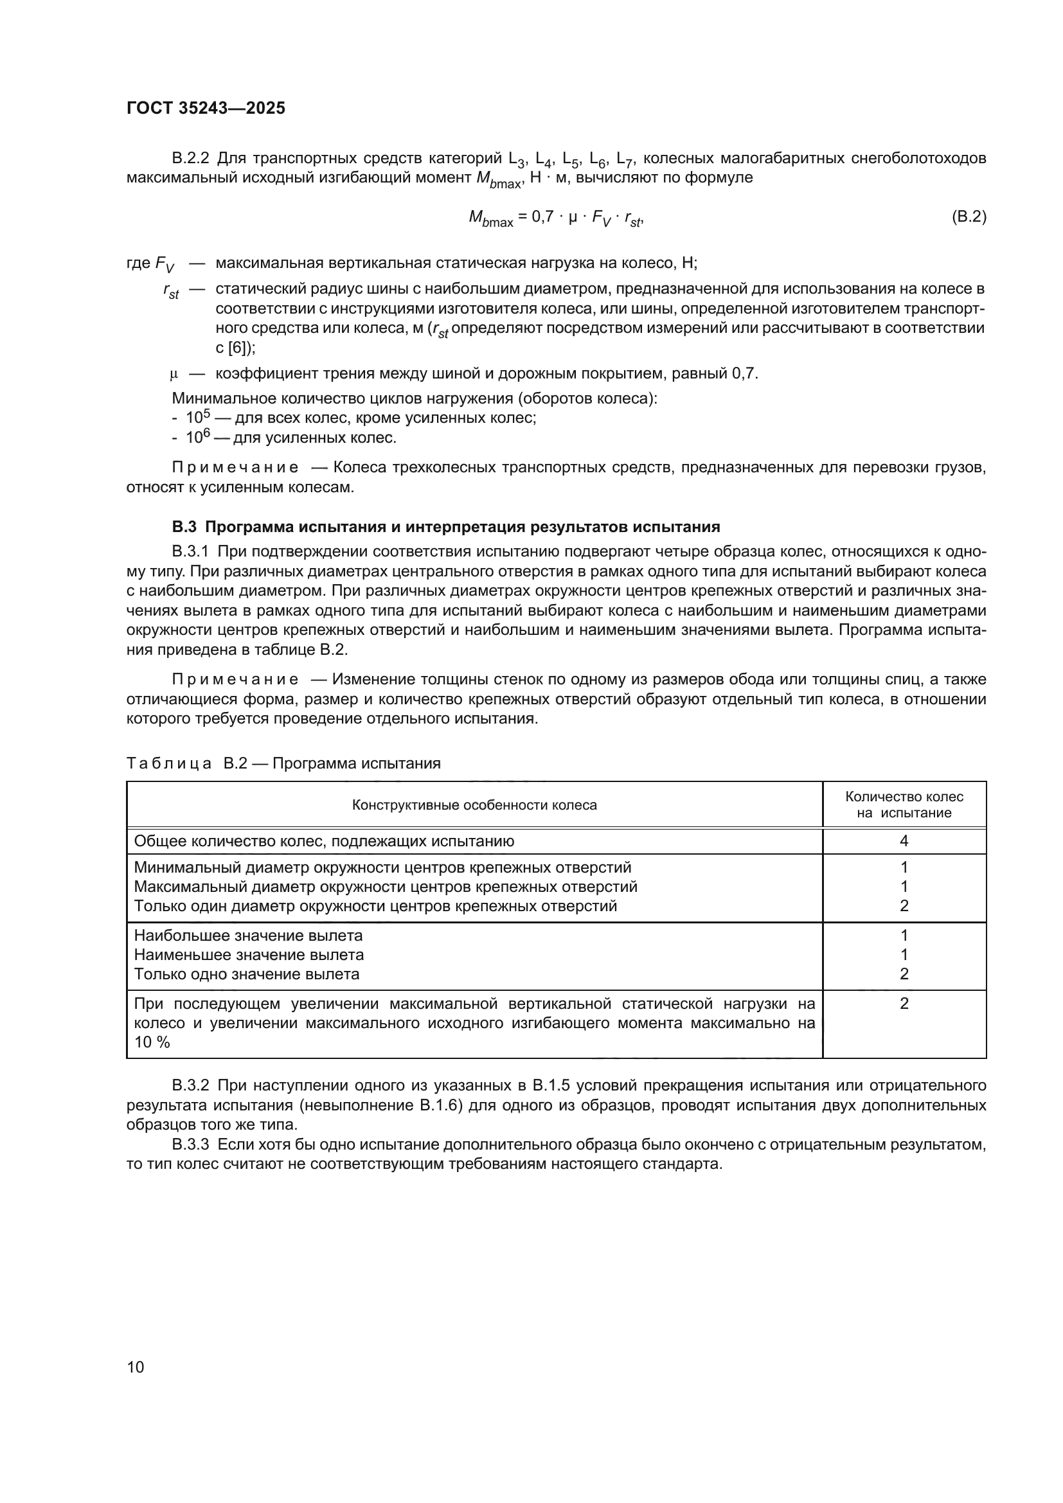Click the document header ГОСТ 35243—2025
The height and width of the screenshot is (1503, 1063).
[206, 109]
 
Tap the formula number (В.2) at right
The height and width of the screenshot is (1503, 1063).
[968, 217]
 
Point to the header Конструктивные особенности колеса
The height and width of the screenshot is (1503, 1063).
[474, 805]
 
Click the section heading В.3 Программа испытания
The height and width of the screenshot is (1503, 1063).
[445, 527]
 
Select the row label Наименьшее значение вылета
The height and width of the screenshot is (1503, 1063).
[249, 954]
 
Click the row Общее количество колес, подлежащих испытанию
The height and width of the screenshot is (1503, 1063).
[324, 841]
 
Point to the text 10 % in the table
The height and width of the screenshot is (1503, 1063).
[152, 1042]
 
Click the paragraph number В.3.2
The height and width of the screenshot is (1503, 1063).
[190, 1086]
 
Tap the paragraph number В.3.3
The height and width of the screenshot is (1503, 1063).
[190, 1145]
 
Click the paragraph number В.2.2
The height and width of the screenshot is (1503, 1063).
[190, 159]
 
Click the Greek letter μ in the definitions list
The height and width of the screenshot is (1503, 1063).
[174, 375]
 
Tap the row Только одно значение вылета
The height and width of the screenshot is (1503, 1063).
[247, 974]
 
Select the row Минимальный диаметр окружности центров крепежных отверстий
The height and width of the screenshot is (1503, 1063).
[382, 867]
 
